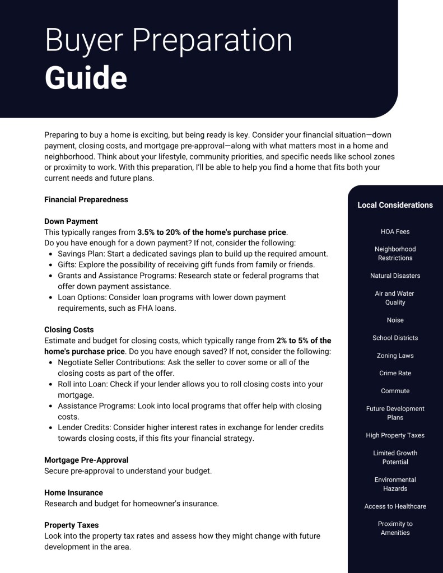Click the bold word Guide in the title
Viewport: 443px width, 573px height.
point(86,78)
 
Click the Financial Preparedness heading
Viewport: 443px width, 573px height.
point(86,199)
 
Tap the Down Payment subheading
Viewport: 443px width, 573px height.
point(71,221)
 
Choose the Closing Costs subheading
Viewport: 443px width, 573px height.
point(69,330)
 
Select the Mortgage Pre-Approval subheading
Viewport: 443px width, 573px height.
point(86,460)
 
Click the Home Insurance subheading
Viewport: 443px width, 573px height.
point(73,493)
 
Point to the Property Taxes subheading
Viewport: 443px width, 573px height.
point(71,525)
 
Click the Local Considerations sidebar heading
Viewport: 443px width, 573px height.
point(395,205)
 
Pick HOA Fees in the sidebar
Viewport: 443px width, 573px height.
point(395,231)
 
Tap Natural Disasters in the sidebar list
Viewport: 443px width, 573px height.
point(395,276)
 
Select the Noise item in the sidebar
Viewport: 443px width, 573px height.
point(395,320)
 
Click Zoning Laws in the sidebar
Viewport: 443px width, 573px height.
point(395,356)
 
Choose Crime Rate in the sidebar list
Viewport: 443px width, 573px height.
point(395,373)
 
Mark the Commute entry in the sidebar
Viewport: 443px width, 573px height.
point(395,391)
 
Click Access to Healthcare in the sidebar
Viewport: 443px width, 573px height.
point(395,506)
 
